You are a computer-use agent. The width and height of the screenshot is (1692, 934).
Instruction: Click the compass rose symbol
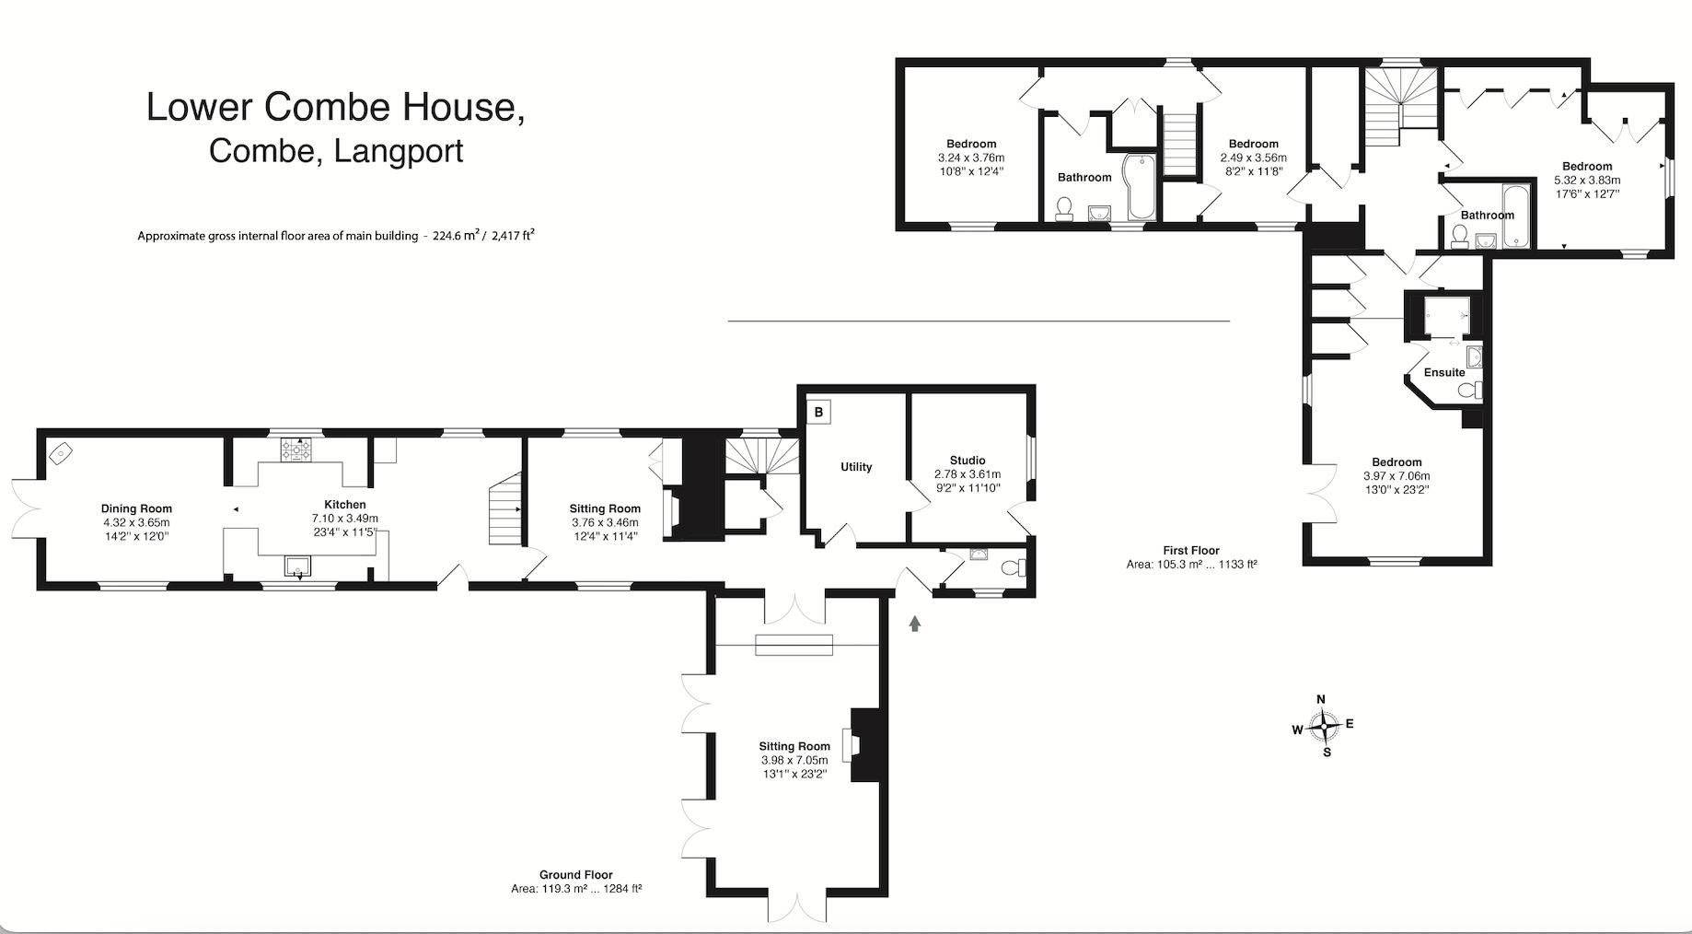point(1324,726)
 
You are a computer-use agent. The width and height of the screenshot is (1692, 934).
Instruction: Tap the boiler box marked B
point(818,412)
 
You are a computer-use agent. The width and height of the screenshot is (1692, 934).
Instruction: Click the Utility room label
point(856,467)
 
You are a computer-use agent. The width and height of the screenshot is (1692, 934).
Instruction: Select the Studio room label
point(968,461)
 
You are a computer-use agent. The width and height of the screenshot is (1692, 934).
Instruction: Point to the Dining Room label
point(136,508)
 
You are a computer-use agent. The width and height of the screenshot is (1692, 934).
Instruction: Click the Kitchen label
point(345,505)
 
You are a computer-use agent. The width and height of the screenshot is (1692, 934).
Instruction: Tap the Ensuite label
point(1444,373)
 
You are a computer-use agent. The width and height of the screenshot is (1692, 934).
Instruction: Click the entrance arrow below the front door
point(914,624)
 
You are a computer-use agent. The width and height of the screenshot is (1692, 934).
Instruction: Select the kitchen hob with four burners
point(297,449)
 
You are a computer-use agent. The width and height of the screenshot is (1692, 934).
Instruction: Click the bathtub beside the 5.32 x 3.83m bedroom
point(1515,216)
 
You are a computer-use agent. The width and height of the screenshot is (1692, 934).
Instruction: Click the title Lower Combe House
point(336,107)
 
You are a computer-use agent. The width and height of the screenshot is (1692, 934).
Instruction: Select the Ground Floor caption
point(576,875)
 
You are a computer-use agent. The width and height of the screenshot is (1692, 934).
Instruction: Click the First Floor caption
point(1191,550)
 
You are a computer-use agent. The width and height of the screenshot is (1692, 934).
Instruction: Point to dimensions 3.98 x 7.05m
point(794,760)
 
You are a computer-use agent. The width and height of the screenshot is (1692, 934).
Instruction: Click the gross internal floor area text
point(336,235)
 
